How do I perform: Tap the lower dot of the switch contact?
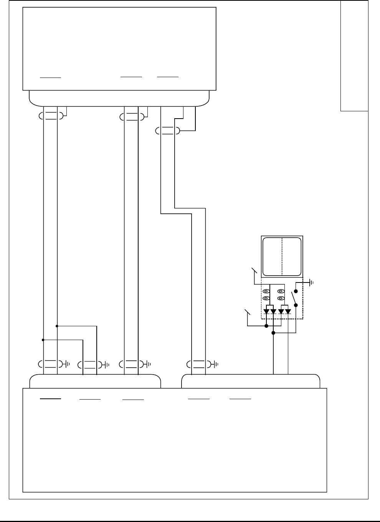[296, 305]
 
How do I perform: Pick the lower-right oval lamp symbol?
[281, 298]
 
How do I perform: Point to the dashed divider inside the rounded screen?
[282, 256]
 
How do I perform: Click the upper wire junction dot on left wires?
[57, 326]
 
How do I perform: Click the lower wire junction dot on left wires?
[43, 340]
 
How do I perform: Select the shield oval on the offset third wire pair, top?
[167, 131]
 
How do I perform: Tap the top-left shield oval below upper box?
[50, 116]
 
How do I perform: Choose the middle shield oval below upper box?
[132, 116]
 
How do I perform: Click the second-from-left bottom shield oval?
[90, 363]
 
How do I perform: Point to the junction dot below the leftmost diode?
[266, 326]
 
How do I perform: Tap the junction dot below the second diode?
[273, 333]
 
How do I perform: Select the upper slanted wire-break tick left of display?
[253, 270]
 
